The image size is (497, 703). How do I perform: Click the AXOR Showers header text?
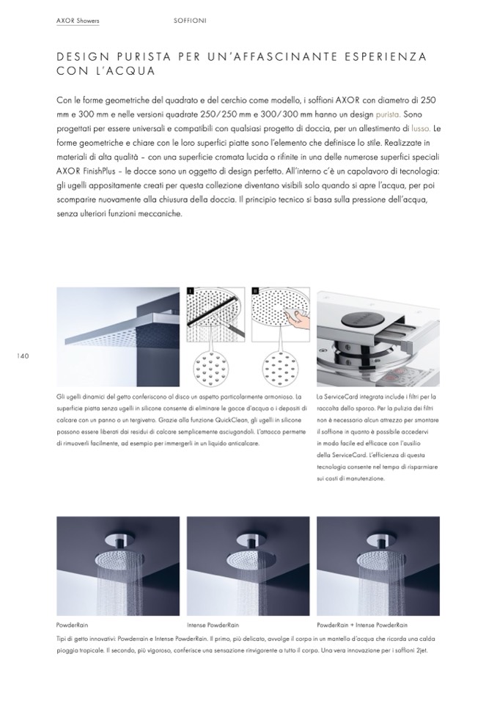77,21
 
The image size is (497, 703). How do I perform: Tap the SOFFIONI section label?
190,21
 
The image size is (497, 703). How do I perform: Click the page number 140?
21,356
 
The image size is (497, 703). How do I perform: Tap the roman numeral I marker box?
189,290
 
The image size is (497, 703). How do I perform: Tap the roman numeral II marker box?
255,290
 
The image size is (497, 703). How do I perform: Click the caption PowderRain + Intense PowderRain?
362,625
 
